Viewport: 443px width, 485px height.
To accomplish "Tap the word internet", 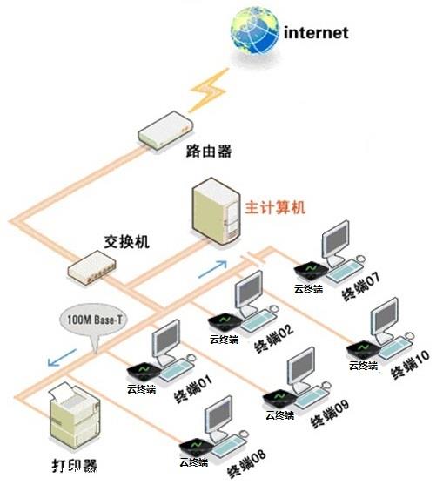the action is (x=316, y=32).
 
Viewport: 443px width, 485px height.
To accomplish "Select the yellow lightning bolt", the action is (x=209, y=90).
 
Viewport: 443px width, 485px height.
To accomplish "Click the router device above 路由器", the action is (x=165, y=131).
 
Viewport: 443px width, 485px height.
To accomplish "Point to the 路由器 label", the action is (x=209, y=152).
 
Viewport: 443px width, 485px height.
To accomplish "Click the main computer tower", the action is (x=216, y=211).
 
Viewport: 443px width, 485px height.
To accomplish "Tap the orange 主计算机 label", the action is (x=275, y=207).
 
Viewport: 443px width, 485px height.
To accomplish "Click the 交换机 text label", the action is (x=127, y=241).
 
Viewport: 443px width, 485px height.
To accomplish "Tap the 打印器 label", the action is (x=74, y=466).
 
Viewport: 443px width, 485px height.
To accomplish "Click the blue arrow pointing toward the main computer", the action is (x=212, y=269).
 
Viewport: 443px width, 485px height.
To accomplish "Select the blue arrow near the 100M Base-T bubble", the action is (x=62, y=357).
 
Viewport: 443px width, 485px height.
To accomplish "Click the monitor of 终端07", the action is (x=335, y=241).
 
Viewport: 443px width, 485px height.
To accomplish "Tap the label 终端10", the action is (x=410, y=364).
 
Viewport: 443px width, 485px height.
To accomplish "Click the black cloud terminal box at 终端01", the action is (x=144, y=371).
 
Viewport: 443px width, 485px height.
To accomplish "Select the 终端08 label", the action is (x=246, y=463).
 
